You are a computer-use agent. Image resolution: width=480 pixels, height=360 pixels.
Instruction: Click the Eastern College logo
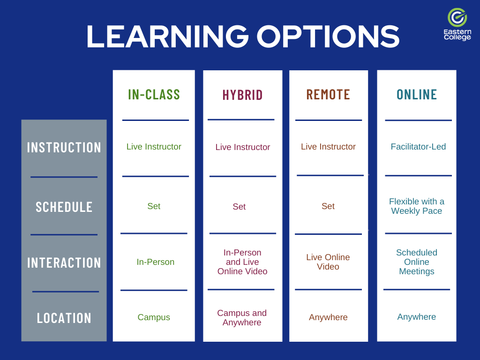pos(457,24)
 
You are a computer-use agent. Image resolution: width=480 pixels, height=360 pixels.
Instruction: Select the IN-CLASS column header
pos(154,95)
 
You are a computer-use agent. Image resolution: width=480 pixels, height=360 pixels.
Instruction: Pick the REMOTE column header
pos(328,95)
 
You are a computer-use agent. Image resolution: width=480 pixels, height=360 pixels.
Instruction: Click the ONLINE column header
pos(417,95)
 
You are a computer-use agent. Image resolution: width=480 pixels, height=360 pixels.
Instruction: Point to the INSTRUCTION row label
pos(64,148)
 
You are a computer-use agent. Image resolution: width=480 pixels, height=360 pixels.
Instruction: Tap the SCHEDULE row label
pos(64,207)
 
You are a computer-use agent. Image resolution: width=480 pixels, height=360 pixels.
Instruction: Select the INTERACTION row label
pos(64,262)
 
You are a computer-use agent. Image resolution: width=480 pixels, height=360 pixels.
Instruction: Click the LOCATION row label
pos(64,318)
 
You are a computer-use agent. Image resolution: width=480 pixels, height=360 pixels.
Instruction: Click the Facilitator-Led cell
pos(418,147)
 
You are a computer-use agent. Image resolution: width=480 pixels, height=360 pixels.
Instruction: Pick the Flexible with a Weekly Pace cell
pos(417,206)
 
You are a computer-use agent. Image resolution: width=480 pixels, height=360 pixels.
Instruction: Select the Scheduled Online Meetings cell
pos(417,262)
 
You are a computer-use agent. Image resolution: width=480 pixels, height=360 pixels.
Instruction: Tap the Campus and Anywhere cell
pos(242,318)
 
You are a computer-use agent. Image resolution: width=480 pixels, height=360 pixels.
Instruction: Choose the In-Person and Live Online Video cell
pos(242,262)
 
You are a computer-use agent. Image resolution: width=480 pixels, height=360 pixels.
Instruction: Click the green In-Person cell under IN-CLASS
pos(155,262)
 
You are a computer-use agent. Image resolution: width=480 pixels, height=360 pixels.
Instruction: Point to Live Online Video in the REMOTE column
pos(328,262)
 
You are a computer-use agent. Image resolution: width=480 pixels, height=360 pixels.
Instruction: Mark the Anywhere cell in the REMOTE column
pos(328,317)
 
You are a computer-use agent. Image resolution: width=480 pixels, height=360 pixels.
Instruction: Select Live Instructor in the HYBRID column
pos(242,147)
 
